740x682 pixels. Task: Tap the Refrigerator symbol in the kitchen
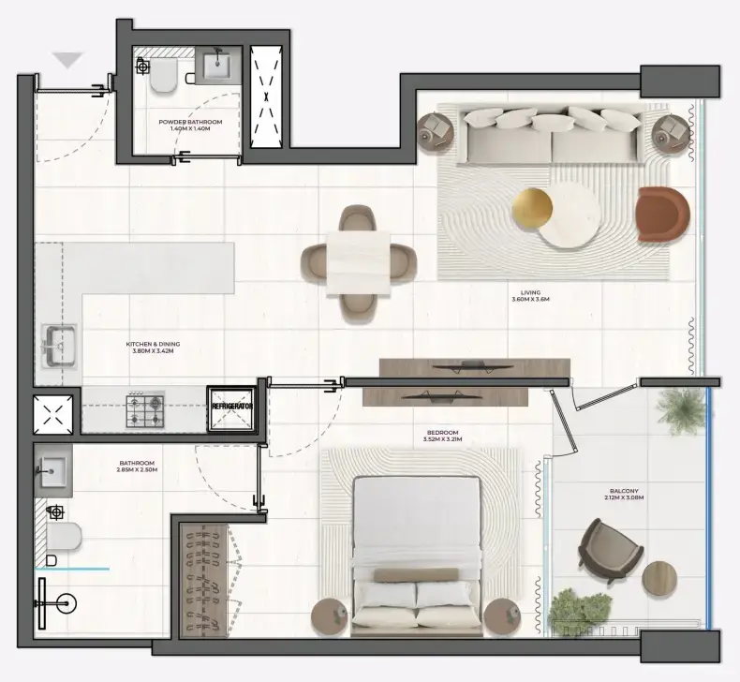tap(232, 408)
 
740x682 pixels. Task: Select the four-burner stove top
tap(146, 408)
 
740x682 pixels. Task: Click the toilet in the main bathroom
tap(63, 536)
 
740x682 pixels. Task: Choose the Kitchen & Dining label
tap(153, 348)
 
